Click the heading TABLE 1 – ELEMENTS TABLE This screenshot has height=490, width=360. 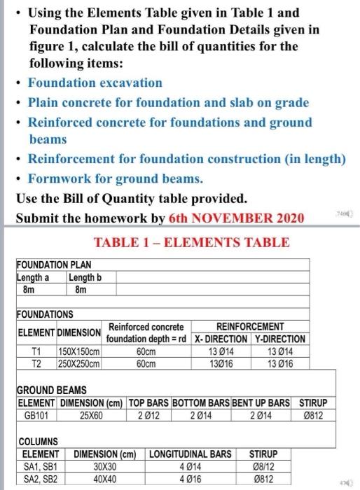coord(191,243)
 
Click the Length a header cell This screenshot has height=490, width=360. coord(32,276)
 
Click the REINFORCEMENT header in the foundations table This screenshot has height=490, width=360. coord(249,326)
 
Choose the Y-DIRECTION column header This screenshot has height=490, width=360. coord(279,339)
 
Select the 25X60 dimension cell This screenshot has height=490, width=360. coord(92,414)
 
